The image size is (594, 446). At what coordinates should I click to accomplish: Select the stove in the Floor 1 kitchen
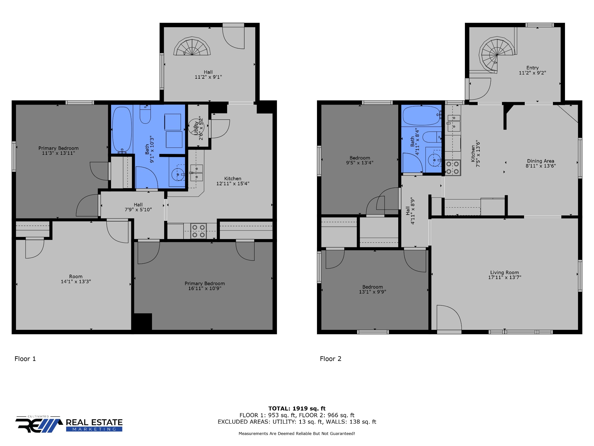coord(199,231)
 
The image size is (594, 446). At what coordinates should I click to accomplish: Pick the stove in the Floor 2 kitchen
coord(452,168)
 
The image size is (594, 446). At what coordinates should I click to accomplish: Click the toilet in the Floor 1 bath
coord(145,114)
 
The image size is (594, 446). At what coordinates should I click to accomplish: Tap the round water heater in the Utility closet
coord(196,127)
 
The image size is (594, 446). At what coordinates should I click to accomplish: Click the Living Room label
coord(504,272)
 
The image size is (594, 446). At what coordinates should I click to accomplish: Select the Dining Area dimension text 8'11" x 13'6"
coord(541,166)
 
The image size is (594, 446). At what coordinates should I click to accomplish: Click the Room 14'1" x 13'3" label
coord(76,279)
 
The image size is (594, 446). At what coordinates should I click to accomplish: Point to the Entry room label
coord(533,68)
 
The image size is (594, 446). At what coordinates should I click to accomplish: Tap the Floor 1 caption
coord(25,359)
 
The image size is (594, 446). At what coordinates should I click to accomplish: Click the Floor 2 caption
coord(331,359)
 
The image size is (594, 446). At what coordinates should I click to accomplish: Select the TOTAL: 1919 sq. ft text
coord(297,409)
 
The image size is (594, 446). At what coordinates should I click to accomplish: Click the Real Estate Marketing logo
coord(69,424)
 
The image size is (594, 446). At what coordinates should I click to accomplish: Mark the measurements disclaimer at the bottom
coord(297,434)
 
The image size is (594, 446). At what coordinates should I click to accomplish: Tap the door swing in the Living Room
coord(449,317)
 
